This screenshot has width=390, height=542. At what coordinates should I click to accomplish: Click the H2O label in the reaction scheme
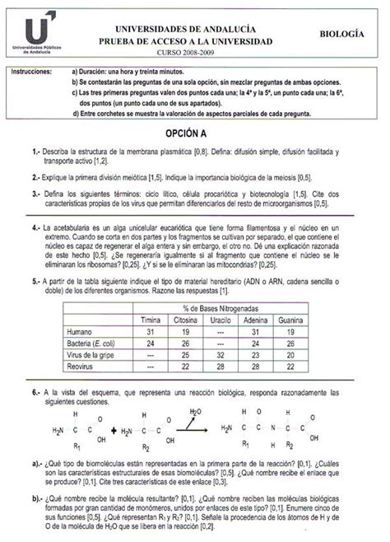point(195,411)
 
